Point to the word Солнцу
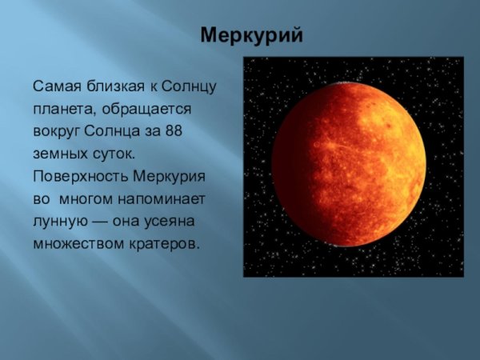coord(190,85)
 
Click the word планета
coord(61,107)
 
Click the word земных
coord(58,152)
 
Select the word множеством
coord(75,242)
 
